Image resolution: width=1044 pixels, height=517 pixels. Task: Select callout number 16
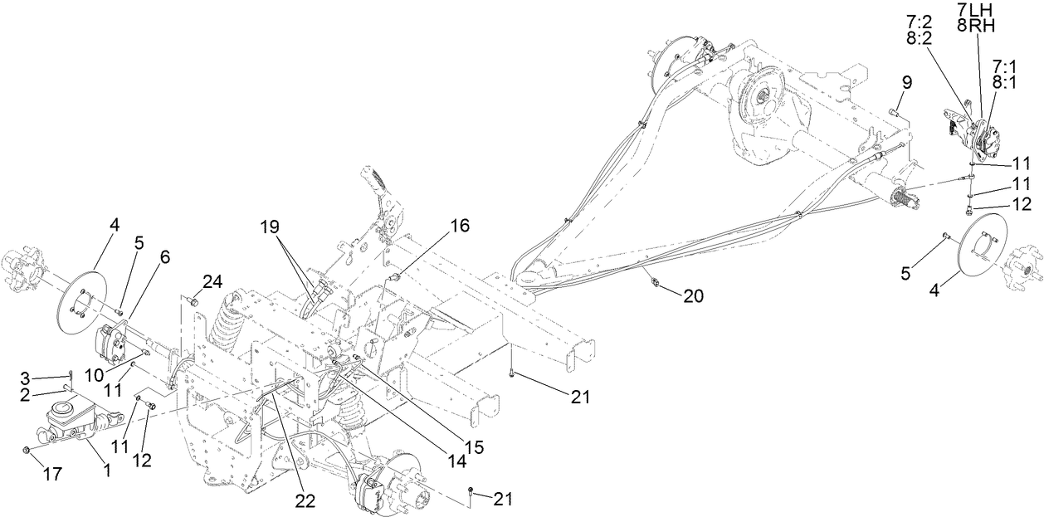tap(459, 225)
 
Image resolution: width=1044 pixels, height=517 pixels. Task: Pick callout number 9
tap(906, 82)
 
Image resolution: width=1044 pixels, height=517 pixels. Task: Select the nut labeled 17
tap(27, 451)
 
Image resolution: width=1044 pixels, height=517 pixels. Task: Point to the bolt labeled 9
tap(893, 110)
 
